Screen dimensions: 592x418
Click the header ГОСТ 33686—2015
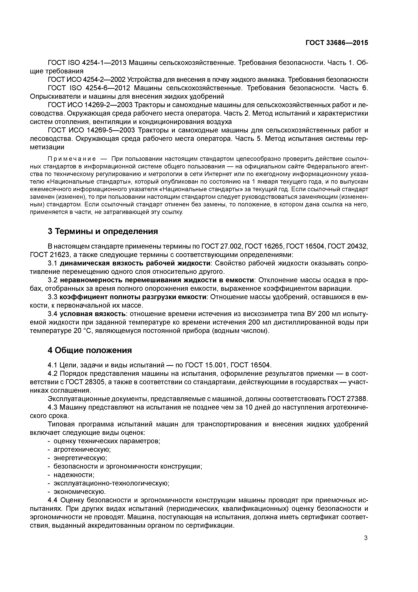click(337, 43)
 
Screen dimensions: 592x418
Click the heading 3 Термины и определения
click(103, 231)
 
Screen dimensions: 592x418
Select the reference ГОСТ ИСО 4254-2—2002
click(87, 80)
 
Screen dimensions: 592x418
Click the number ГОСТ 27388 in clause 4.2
click(347, 399)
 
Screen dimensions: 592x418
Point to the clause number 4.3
click(53, 407)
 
